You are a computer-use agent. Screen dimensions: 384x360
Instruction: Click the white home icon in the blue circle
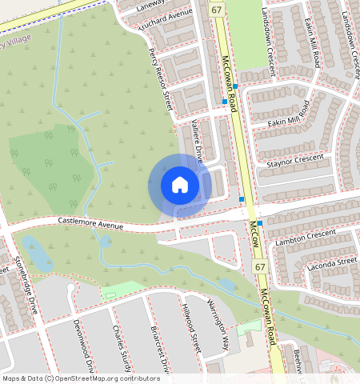point(180,185)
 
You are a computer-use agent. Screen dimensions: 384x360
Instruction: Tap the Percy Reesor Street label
point(160,78)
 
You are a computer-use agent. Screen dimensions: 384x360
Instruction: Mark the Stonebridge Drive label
point(26,285)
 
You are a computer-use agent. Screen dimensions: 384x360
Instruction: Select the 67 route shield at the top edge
point(217,8)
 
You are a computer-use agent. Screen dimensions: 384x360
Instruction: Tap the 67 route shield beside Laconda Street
point(259,266)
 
